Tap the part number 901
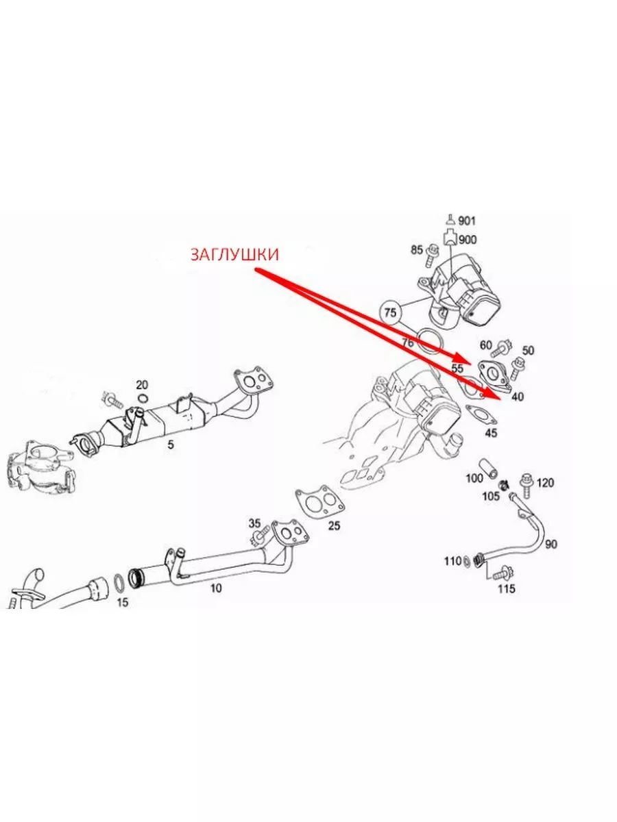pos(467,221)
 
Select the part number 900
pos(468,240)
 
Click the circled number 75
pos(390,312)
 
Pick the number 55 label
pos(457,368)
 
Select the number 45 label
pos(491,432)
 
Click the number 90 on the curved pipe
pos(551,545)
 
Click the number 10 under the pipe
pos(215,587)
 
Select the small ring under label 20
pos(142,399)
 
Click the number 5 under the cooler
pos(170,445)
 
